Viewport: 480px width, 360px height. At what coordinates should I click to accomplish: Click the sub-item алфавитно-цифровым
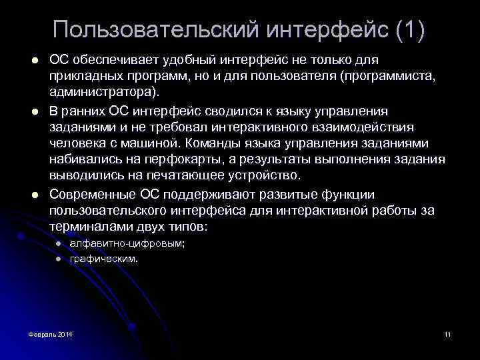click(x=127, y=244)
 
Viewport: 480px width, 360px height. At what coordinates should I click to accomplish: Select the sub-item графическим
click(x=103, y=258)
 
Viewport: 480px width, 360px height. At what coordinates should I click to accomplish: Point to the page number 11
click(x=447, y=333)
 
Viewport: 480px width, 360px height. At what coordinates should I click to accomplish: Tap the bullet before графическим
click(x=59, y=259)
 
